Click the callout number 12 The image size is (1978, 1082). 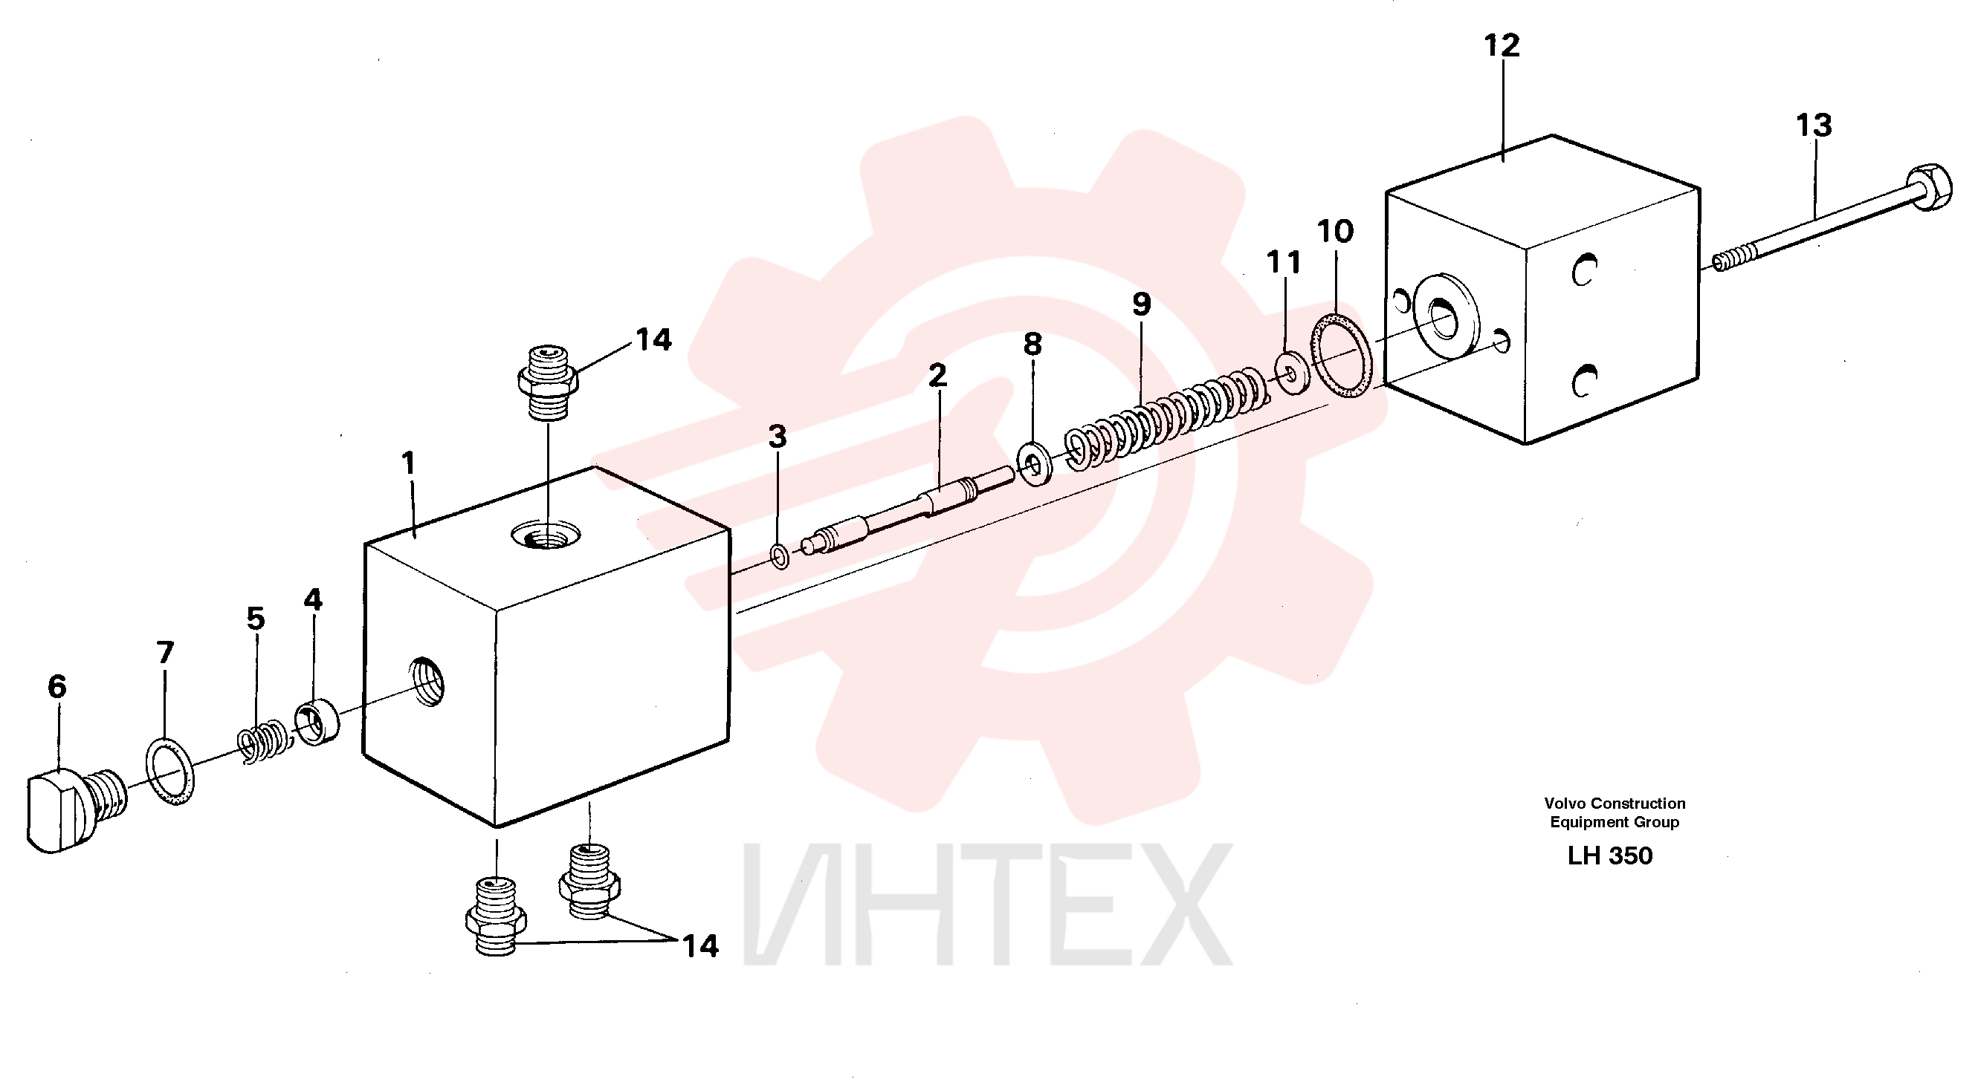coord(1502,46)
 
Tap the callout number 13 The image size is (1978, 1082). coord(1814,125)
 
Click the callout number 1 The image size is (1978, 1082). coord(408,463)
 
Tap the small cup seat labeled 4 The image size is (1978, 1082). coord(317,720)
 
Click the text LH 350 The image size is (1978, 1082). coord(1609,856)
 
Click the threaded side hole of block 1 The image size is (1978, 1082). coord(427,679)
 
